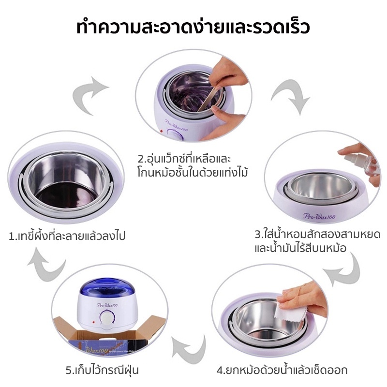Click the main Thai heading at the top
(x=193, y=27)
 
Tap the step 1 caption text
(x=67, y=236)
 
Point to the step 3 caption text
(x=317, y=240)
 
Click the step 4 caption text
(x=282, y=370)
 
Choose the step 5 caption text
(x=102, y=370)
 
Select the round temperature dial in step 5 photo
(x=106, y=318)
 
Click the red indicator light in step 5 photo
(x=93, y=322)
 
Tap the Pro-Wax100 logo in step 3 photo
(x=319, y=216)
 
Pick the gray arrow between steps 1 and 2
(x=90, y=95)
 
